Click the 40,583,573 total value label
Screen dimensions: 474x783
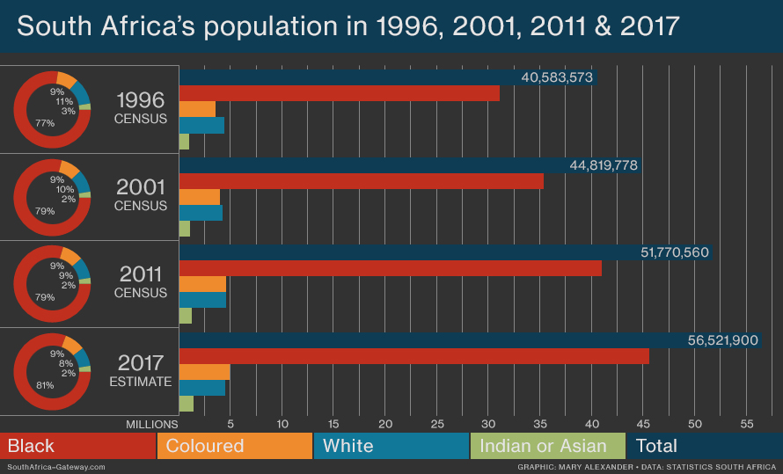pyautogui.click(x=557, y=78)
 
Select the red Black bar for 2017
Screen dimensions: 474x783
pyautogui.click(x=413, y=356)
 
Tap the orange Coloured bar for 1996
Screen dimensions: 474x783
pyautogui.click(x=197, y=109)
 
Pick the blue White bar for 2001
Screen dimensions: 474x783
pyautogui.click(x=201, y=213)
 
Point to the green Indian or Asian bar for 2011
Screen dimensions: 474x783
pyautogui.click(x=185, y=316)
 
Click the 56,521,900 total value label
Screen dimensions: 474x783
pyautogui.click(x=722, y=340)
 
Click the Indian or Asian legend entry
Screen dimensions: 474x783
pyautogui.click(x=543, y=446)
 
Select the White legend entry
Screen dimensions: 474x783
pyautogui.click(x=348, y=446)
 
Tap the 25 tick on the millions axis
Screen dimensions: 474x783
pyautogui.click(x=437, y=424)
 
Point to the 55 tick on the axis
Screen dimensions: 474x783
pyautogui.click(x=746, y=424)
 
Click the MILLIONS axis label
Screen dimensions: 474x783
pyautogui.click(x=152, y=424)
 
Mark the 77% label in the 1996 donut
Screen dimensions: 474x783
pyautogui.click(x=45, y=123)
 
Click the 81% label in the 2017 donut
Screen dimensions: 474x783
pyautogui.click(x=45, y=385)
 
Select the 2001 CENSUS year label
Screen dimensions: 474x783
pyautogui.click(x=141, y=195)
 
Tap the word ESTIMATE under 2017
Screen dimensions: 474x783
pyautogui.click(x=141, y=382)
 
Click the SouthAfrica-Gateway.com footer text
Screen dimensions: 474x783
pyautogui.click(x=56, y=467)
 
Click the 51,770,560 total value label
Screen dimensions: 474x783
pyautogui.click(x=675, y=253)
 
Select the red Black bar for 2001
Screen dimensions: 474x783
pyautogui.click(x=361, y=181)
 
